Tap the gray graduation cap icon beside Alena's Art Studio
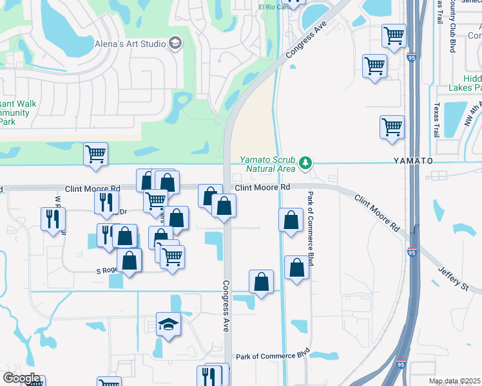pos(175,43)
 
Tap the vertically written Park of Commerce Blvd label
pos(311,228)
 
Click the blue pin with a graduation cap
pos(168,326)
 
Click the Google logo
pos(21,378)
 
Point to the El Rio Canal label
pos(272,7)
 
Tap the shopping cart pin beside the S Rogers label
pos(172,257)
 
